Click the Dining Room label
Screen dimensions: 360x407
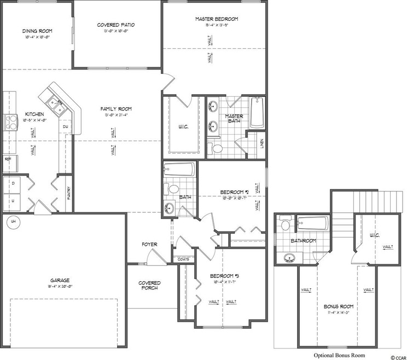[x=36, y=31]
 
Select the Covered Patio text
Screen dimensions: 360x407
[x=116, y=25]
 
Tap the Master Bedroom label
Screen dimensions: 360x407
[x=217, y=19]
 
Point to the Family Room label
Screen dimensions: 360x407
[x=116, y=109]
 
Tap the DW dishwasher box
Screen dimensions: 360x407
[x=65, y=127]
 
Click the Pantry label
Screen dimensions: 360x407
[x=69, y=193]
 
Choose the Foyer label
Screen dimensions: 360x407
[x=149, y=244]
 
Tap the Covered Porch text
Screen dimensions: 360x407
[x=149, y=286]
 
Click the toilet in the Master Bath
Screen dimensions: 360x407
[x=216, y=148]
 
